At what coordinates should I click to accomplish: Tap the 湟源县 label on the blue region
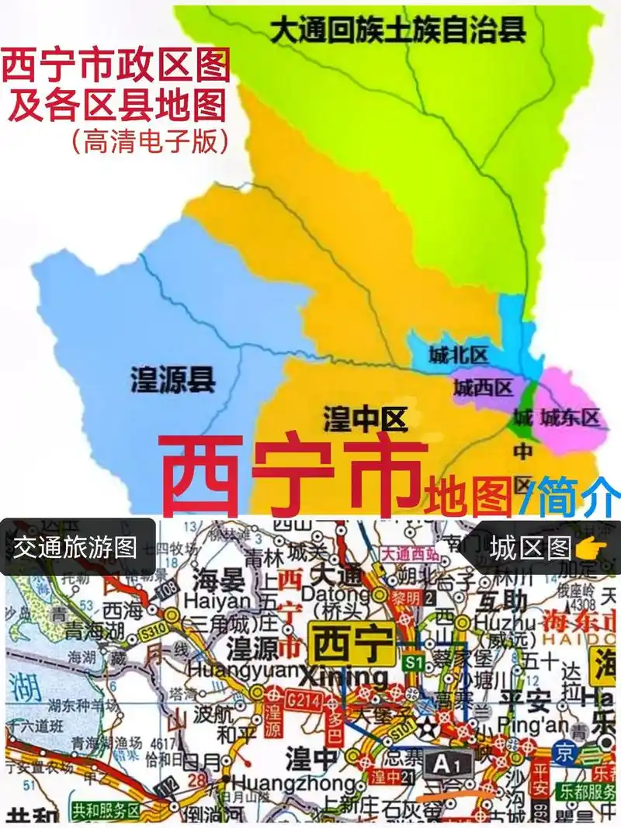point(172,379)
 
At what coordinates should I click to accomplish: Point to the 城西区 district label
point(483,386)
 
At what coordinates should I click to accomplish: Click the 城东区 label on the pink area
point(571,417)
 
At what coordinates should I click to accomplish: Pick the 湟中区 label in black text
point(365,420)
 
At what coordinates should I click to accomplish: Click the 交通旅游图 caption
point(75,547)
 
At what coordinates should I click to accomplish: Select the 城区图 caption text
point(531,548)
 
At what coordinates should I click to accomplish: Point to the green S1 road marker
point(413,660)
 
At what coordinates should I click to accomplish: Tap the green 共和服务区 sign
point(106,811)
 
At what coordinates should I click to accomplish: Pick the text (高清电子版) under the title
point(150,140)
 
